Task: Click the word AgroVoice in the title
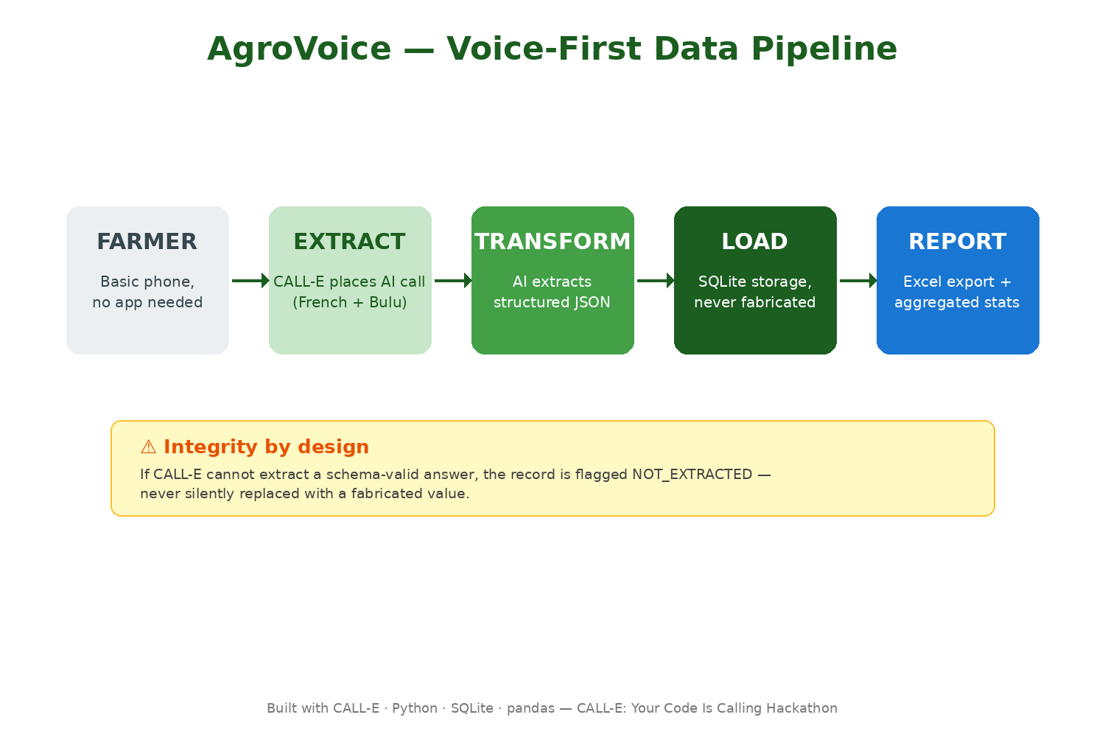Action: tap(299, 49)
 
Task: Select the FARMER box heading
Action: tap(147, 242)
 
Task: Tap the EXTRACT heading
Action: tap(350, 242)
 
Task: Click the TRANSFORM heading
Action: tap(552, 242)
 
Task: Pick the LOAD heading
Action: tap(755, 242)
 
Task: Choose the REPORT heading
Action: tap(958, 242)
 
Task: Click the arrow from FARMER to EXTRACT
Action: tap(250, 280)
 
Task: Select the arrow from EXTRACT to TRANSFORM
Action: tap(453, 280)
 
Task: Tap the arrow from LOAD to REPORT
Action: tap(858, 280)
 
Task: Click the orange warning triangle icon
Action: tap(149, 447)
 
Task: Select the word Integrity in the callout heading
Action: tap(211, 447)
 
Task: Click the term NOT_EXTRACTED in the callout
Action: tap(692, 475)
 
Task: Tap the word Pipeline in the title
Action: tap(824, 49)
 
